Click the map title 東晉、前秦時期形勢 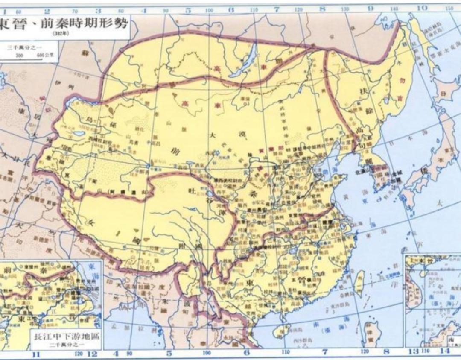click(x=64, y=23)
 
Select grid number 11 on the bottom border click(x=36, y=354)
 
